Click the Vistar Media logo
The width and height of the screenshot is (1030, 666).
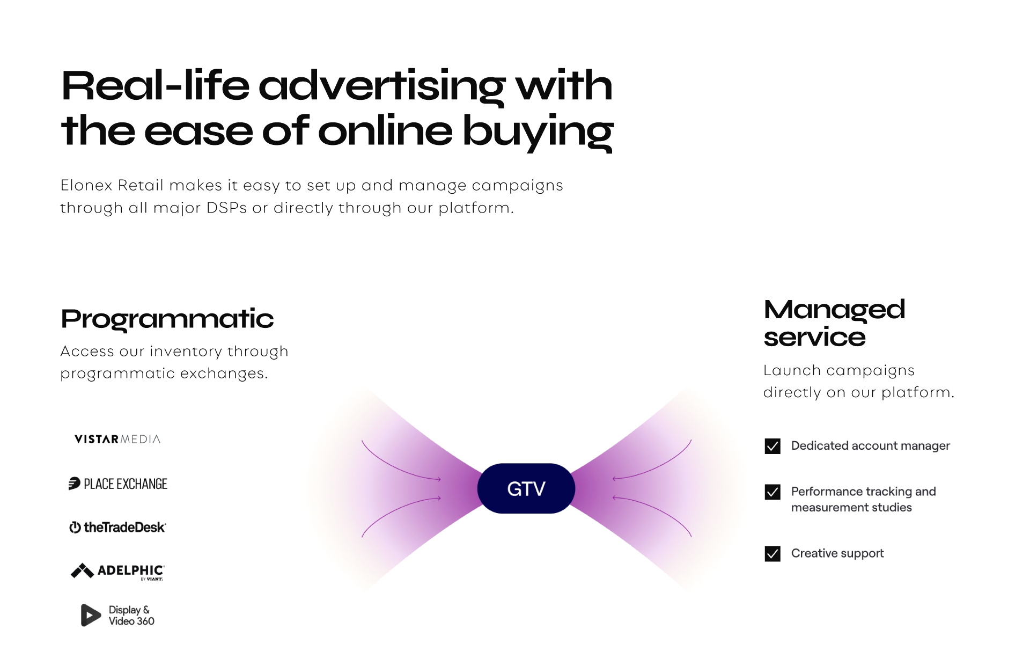tap(117, 439)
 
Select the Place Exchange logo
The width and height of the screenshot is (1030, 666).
tap(118, 484)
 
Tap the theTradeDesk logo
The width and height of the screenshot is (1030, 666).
tap(117, 527)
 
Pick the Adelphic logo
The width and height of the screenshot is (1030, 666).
tap(118, 572)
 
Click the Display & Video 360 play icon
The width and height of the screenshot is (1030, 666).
tap(91, 615)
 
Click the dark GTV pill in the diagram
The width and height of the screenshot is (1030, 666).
tap(526, 488)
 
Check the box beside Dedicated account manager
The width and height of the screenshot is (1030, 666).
tap(772, 446)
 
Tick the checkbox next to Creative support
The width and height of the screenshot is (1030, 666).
tap(772, 553)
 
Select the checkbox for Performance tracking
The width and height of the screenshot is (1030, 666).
tap(772, 492)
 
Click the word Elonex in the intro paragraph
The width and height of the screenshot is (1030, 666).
tap(86, 185)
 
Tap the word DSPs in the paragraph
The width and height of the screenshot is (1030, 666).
tap(227, 208)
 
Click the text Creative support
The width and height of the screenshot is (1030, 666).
tap(837, 553)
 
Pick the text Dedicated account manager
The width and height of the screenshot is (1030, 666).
tap(871, 446)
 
